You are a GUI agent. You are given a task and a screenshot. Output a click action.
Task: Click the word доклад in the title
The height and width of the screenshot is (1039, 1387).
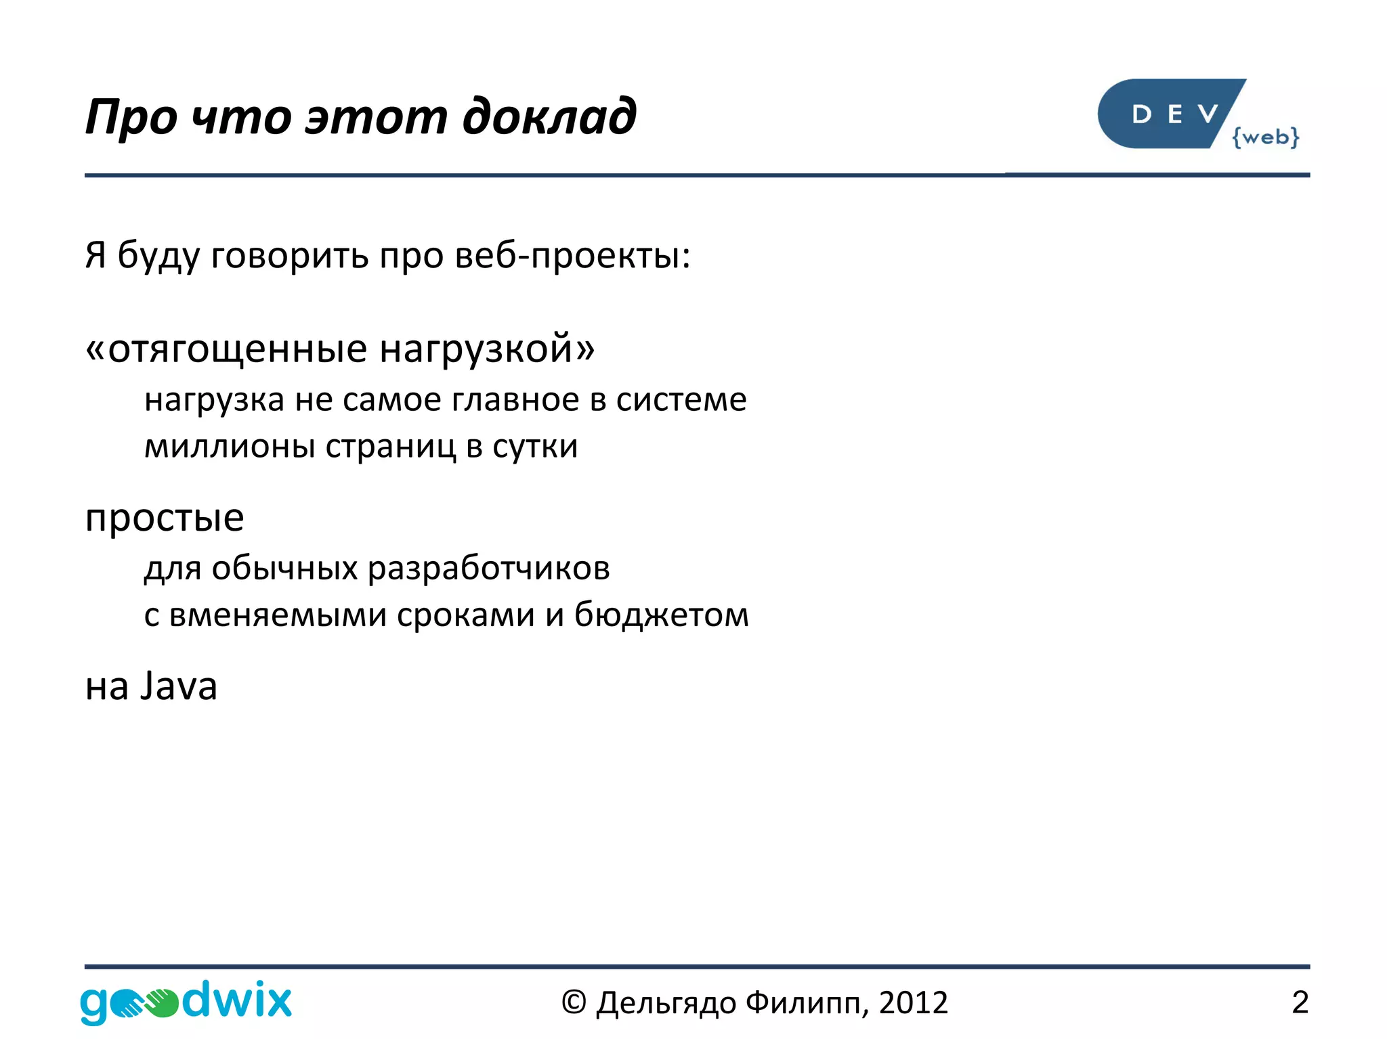click(x=549, y=116)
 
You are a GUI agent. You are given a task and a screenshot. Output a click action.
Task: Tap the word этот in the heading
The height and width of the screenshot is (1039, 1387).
click(x=376, y=116)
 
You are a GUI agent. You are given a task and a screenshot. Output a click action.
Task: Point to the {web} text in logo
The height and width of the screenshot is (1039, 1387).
click(x=1265, y=137)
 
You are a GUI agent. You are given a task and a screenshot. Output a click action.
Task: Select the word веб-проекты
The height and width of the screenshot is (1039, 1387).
click(x=572, y=256)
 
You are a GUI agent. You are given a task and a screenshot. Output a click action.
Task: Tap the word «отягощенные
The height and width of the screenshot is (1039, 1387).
click(x=227, y=350)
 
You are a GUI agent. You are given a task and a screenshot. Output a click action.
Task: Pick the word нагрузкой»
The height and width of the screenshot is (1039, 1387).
click(x=487, y=350)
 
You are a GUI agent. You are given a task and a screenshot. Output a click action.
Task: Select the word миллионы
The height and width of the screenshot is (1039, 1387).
click(x=230, y=447)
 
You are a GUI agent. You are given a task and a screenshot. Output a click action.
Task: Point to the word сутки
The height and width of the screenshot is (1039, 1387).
click(x=535, y=447)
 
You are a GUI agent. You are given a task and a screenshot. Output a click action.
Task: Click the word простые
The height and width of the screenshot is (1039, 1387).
click(x=165, y=519)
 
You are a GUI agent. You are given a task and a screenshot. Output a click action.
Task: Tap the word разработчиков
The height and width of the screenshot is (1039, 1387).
click(x=488, y=569)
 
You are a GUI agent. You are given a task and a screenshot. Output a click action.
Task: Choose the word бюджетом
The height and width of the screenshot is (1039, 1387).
click(x=661, y=615)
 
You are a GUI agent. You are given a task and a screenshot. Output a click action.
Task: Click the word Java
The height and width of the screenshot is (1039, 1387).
click(x=179, y=686)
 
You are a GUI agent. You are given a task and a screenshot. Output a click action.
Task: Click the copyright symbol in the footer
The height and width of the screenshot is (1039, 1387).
click(x=573, y=1002)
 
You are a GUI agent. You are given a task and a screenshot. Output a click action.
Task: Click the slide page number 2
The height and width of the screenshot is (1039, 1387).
click(x=1300, y=1002)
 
